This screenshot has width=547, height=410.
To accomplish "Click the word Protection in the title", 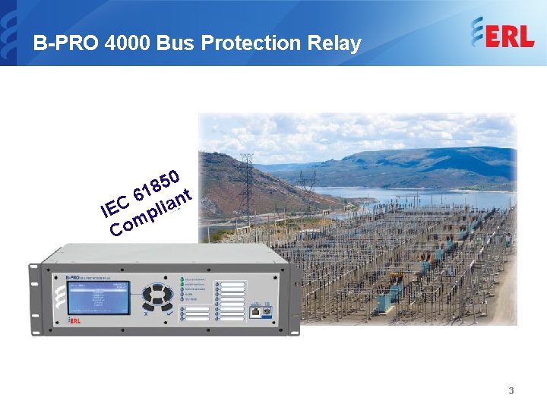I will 240,43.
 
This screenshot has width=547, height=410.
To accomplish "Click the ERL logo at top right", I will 502,35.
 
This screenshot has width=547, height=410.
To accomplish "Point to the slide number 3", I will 511,391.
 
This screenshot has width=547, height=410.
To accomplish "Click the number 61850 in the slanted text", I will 156,184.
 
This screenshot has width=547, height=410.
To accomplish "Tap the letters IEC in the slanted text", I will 115,203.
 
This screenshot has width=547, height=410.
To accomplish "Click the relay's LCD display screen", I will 98,297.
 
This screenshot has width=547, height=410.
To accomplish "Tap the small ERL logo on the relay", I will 74,320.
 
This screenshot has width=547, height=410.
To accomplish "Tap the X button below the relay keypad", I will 145,312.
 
